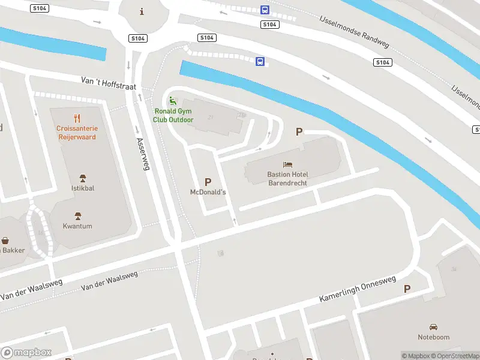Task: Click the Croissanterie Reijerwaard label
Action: point(76,133)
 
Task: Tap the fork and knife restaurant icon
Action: point(76,118)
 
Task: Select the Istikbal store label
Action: point(82,188)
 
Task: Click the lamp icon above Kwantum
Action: point(77,215)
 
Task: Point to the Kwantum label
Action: point(77,226)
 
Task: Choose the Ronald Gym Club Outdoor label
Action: point(173,115)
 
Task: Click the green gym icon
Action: point(173,101)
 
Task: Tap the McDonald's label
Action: point(208,192)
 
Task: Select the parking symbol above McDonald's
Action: point(208,181)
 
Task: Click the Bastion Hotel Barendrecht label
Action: point(287,178)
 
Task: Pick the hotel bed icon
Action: point(287,164)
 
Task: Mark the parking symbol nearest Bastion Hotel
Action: point(298,131)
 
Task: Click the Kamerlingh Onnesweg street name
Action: point(358,289)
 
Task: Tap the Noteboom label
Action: point(433,337)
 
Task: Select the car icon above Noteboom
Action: point(433,327)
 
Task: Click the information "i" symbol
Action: point(142,11)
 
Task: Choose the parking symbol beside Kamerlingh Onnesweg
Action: point(407,289)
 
